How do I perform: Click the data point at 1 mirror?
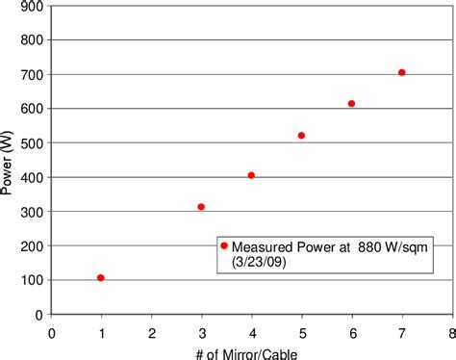pyautogui.click(x=101, y=278)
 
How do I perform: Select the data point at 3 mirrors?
pyautogui.click(x=201, y=207)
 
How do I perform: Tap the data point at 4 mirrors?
pyautogui.click(x=251, y=175)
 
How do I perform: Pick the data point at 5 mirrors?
pyautogui.click(x=301, y=136)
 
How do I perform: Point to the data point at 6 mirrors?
pyautogui.click(x=351, y=104)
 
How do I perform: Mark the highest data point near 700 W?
pyautogui.click(x=401, y=72)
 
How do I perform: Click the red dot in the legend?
pyautogui.click(x=224, y=245)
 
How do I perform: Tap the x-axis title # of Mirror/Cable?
pyautogui.click(x=251, y=352)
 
